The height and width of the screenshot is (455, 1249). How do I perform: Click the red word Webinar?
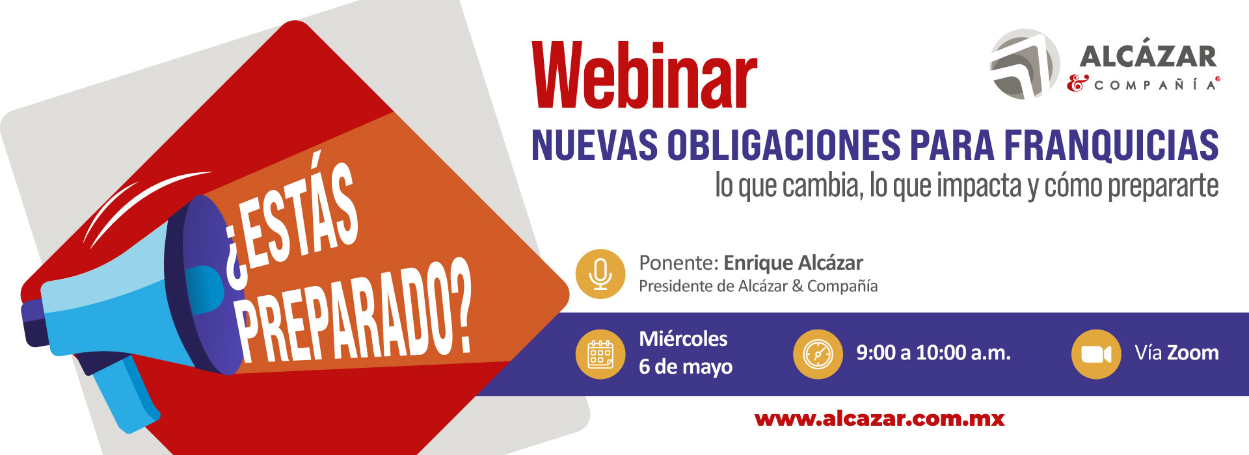[645, 75]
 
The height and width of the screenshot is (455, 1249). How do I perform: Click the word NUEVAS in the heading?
[595, 144]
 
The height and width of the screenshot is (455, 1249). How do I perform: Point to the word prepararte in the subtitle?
[1163, 186]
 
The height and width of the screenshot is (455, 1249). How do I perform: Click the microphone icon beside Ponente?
[600, 274]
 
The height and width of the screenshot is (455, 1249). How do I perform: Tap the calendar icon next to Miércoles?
[600, 354]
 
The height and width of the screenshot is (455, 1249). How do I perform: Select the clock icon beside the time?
[818, 354]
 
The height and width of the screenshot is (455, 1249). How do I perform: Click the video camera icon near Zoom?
[1096, 354]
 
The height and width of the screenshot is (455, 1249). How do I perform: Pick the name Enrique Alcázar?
[793, 263]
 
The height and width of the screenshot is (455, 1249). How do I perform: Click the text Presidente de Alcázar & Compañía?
[758, 286]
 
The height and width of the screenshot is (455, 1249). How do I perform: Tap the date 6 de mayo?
[686, 367]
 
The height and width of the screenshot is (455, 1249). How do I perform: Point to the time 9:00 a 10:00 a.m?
[933, 353]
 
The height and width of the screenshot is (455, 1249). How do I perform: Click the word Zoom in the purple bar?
[1193, 353]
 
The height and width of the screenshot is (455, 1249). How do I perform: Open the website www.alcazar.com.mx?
[880, 419]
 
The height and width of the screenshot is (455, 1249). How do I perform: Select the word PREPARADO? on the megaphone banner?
[355, 312]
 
